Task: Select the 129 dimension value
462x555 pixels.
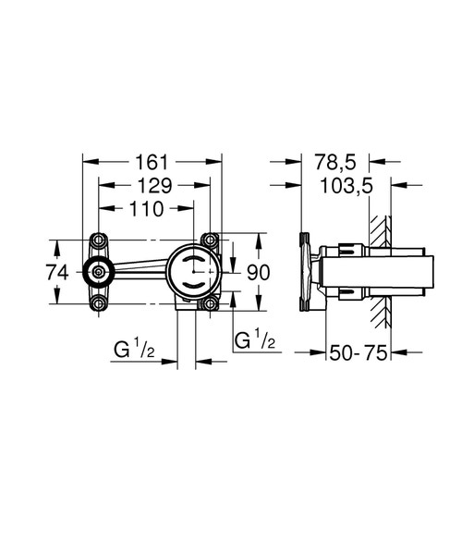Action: click(x=153, y=184)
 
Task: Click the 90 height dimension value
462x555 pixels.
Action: click(x=259, y=272)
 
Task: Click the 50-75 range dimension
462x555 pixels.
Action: click(x=359, y=352)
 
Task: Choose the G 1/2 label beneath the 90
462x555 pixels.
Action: click(x=254, y=340)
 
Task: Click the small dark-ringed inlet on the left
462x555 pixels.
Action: click(x=96, y=272)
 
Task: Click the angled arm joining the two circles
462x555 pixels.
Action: click(x=139, y=270)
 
